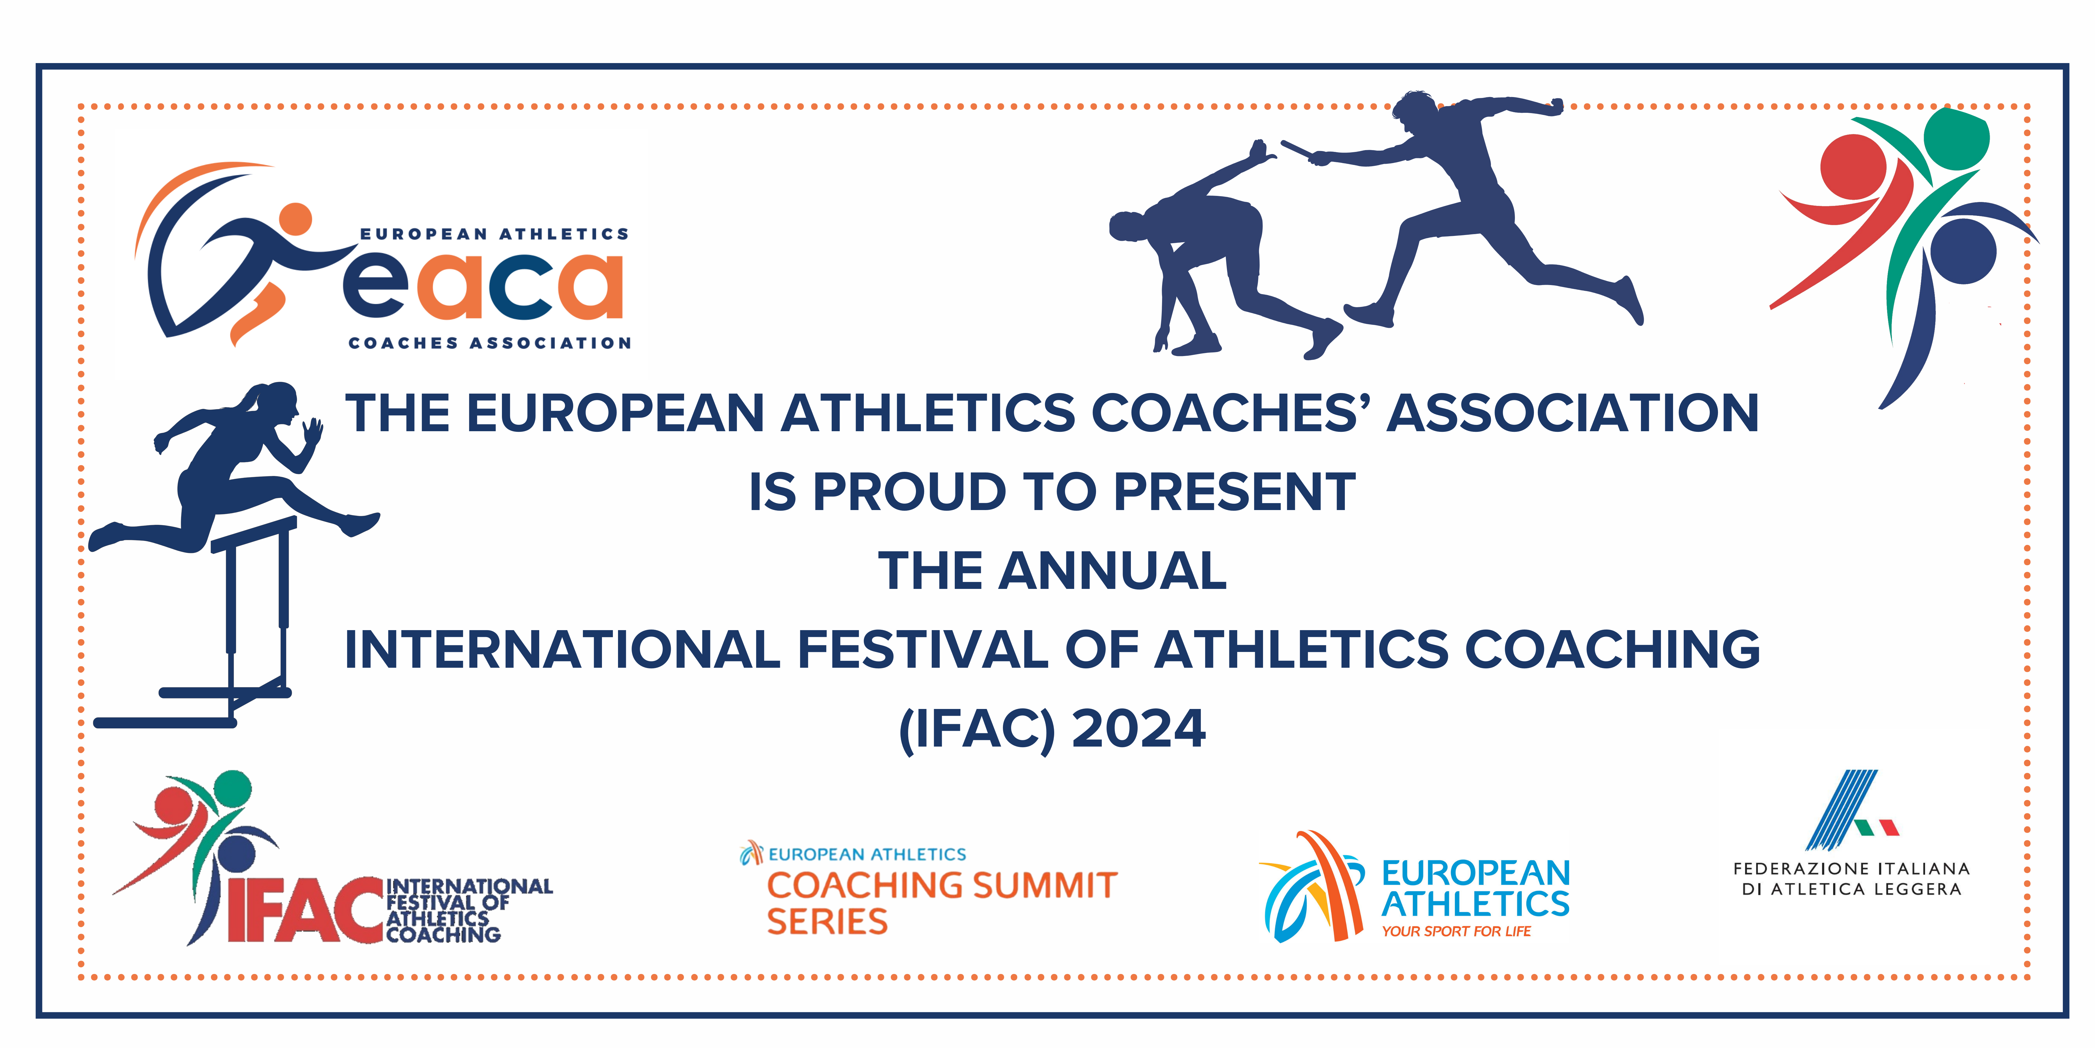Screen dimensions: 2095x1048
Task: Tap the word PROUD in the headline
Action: coord(909,492)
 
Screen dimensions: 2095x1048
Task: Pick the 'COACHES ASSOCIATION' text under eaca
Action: coord(490,343)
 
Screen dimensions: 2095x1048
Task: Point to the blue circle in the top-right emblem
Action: coord(1963,250)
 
